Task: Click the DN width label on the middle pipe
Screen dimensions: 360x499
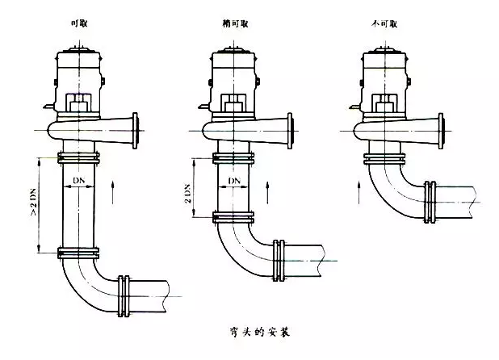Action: tap(233, 179)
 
